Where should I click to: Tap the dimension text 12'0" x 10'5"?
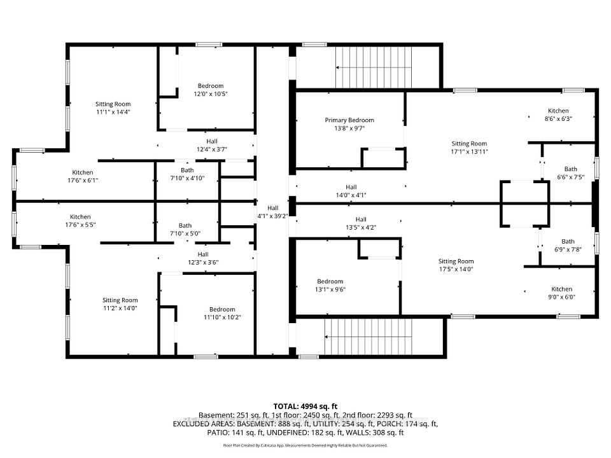point(211,94)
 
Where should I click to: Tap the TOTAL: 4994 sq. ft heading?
point(305,406)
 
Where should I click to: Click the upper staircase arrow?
point(374,67)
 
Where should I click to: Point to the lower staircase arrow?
point(369,337)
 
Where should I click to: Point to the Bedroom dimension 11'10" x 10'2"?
point(222,317)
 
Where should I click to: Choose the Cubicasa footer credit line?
point(305,445)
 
